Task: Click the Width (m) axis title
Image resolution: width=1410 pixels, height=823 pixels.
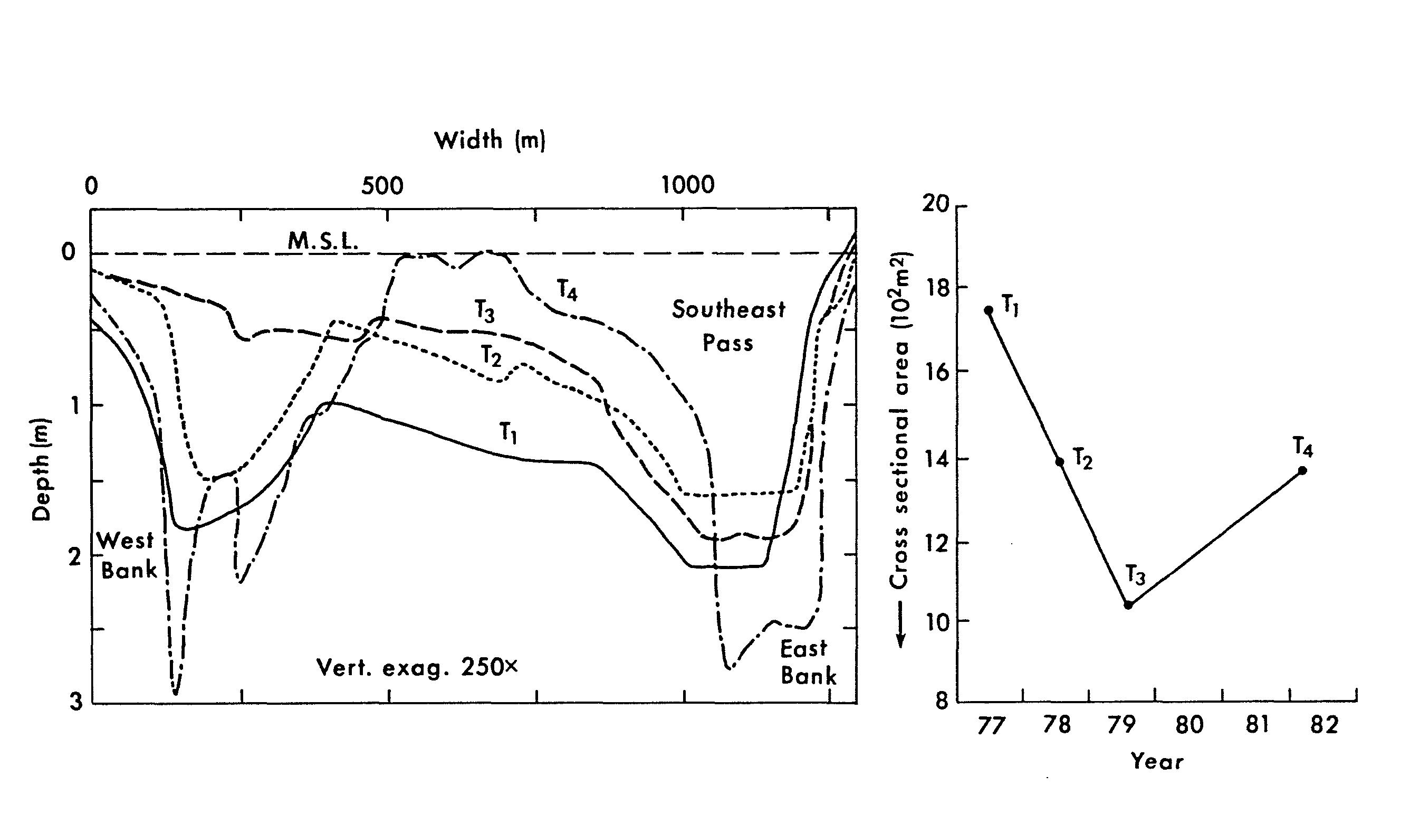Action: click(490, 140)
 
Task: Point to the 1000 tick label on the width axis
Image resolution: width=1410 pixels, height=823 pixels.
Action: click(688, 185)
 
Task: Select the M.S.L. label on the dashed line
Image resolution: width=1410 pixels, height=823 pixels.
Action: click(323, 241)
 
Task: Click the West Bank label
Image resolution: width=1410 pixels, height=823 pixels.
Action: click(128, 555)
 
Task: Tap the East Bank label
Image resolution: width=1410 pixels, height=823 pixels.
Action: click(808, 663)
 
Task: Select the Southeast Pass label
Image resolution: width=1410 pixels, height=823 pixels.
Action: click(728, 326)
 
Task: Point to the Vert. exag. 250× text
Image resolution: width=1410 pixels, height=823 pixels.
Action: click(417, 667)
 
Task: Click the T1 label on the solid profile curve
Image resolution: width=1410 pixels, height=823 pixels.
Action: click(508, 433)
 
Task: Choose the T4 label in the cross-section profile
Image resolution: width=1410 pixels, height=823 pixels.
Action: click(567, 290)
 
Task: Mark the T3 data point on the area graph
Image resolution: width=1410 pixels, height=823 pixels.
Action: click(1128, 604)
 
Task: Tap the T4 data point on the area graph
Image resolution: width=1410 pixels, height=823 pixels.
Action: click(1302, 470)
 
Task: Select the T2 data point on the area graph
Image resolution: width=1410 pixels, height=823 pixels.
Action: click(1059, 461)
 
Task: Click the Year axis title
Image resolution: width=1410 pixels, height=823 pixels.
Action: click(1157, 761)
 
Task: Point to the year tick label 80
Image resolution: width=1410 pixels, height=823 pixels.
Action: click(1189, 725)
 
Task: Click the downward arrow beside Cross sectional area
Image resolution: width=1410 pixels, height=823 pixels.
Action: click(901, 625)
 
